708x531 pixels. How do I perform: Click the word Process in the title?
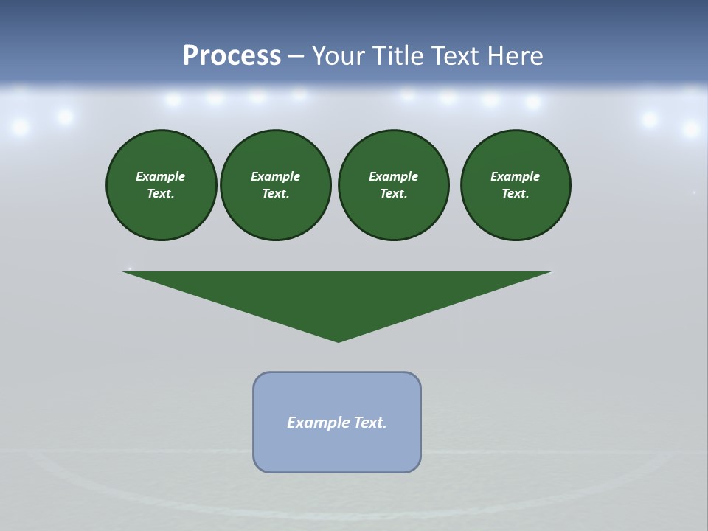(x=232, y=56)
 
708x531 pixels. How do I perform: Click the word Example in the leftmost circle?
(x=160, y=176)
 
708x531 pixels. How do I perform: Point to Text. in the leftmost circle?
(x=160, y=194)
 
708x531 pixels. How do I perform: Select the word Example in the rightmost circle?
(x=515, y=176)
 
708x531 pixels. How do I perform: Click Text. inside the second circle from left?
(x=275, y=194)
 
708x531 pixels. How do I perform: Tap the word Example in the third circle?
(x=393, y=176)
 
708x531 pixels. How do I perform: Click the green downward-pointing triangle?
(x=337, y=295)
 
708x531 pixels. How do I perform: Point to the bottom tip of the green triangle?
(x=338, y=340)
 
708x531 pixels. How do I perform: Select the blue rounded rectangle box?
(x=337, y=450)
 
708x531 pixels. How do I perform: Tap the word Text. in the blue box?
(x=370, y=423)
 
